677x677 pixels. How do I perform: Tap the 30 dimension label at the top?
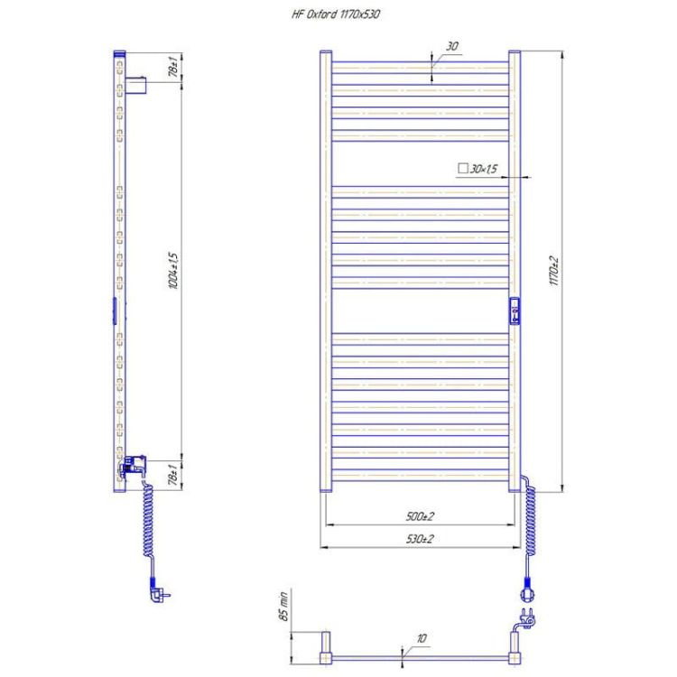click(451, 47)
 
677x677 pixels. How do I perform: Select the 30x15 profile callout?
click(480, 169)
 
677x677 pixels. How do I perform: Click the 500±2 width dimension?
click(420, 516)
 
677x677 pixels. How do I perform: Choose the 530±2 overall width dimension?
click(420, 539)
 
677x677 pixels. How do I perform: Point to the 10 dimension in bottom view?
click(422, 638)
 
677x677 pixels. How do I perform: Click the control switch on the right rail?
click(515, 310)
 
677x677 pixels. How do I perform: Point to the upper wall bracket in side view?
click(134, 87)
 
